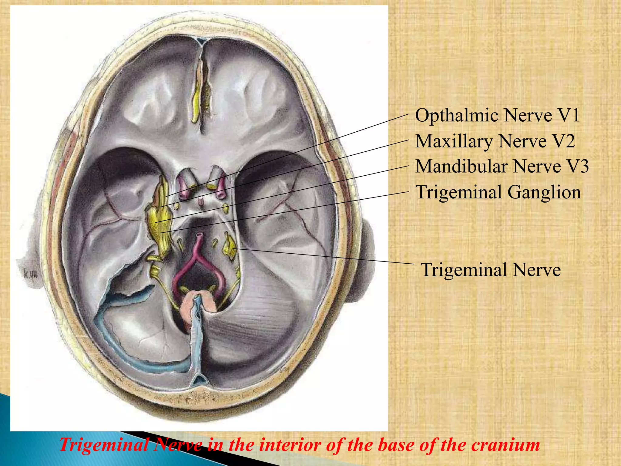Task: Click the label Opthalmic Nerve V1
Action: [497, 115]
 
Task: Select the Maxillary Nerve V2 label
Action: [495, 141]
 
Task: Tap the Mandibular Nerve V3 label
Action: [502, 166]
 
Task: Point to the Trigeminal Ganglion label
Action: [498, 192]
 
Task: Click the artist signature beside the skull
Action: [30, 274]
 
